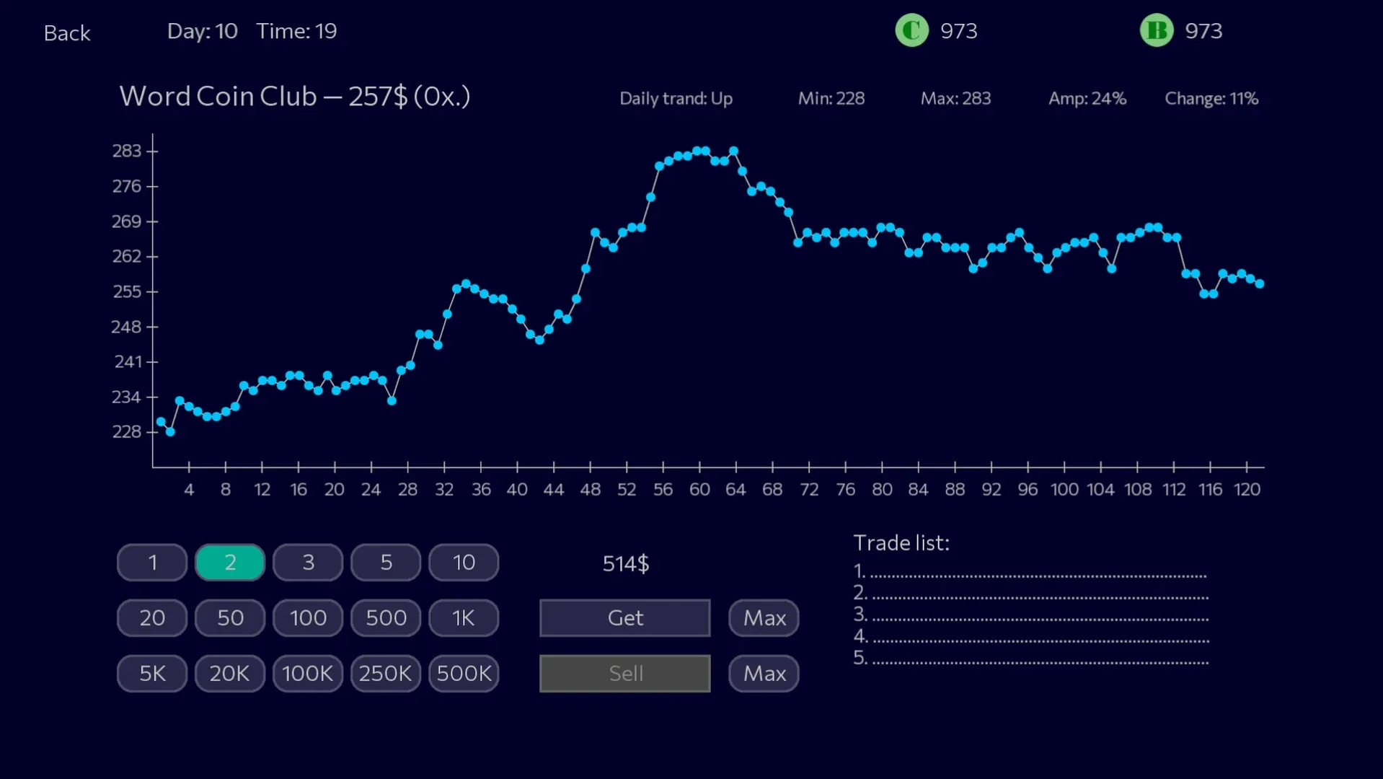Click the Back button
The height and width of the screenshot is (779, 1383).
pos(67,33)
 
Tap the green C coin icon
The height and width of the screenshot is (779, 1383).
pos(911,31)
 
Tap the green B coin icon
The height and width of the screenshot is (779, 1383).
pos(1157,31)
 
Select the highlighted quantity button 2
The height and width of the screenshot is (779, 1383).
pos(230,563)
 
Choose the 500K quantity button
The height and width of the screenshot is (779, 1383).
pos(464,674)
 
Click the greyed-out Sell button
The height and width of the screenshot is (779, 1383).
pos(624,674)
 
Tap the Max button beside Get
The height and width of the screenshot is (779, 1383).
pos(764,618)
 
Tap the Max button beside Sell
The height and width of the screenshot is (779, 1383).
pos(764,674)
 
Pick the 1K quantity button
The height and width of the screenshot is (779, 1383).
pos(464,618)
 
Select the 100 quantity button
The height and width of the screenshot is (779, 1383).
pos(308,618)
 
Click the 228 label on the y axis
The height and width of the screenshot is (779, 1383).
pos(126,432)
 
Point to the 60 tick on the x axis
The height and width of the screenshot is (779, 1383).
pos(699,467)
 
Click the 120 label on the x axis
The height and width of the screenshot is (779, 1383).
pos(1247,490)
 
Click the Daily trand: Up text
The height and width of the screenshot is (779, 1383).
pos(676,99)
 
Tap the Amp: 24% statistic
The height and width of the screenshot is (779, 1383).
pos(1087,99)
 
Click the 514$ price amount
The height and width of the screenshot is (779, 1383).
pos(625,563)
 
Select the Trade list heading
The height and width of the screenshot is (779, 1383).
pos(901,543)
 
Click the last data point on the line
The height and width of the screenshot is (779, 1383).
pos(1259,284)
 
